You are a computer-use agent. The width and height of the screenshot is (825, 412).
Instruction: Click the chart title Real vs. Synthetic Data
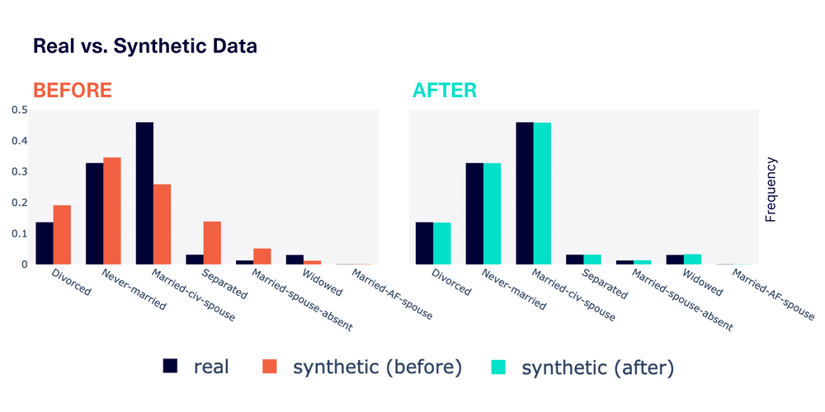pyautogui.click(x=144, y=47)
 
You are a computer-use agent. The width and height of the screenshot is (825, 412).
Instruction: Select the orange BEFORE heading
pyautogui.click(x=72, y=91)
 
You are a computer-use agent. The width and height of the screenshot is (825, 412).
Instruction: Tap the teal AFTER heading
pyautogui.click(x=445, y=91)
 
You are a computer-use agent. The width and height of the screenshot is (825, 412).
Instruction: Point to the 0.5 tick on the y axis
pyautogui.click(x=18, y=110)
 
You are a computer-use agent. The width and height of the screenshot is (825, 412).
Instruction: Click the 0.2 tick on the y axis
pyautogui.click(x=18, y=203)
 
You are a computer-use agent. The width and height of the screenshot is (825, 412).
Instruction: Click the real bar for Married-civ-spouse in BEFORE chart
pyautogui.click(x=144, y=194)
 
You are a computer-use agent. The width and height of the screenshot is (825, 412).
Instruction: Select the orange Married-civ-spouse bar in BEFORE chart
pyautogui.click(x=163, y=224)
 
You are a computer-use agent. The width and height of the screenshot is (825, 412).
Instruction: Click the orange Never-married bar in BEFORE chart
pyautogui.click(x=112, y=211)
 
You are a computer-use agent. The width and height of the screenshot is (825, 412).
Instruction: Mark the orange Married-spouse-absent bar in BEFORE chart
pyautogui.click(x=262, y=256)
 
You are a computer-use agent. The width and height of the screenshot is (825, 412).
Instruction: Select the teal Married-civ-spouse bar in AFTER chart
pyautogui.click(x=542, y=194)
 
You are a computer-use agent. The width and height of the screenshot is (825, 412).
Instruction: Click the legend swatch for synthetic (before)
pyautogui.click(x=270, y=366)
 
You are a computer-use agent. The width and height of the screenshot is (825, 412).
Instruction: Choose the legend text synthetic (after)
pyautogui.click(x=598, y=367)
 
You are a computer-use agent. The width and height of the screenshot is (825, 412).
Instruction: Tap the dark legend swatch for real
pyautogui.click(x=171, y=366)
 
